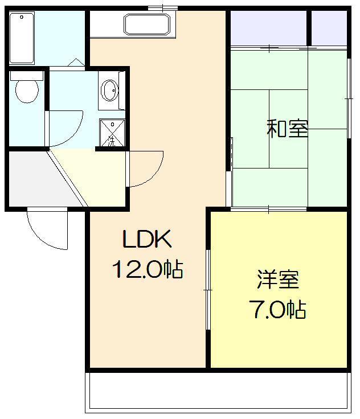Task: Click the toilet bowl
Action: pos(26,91)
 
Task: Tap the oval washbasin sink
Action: pos(109,90)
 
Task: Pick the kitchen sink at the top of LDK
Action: pos(147,24)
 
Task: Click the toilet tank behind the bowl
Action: pos(26,75)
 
